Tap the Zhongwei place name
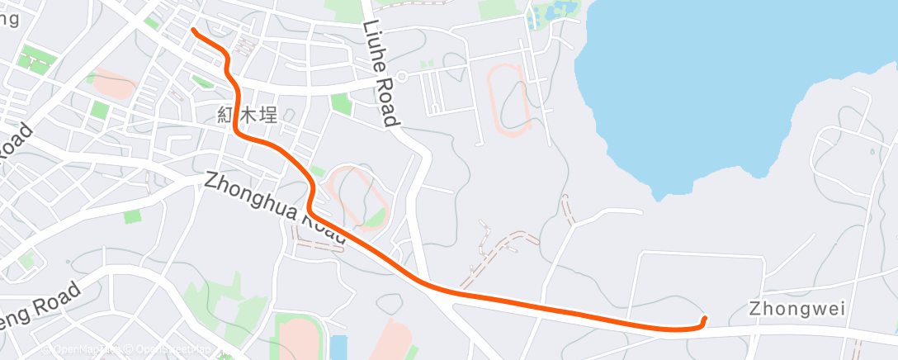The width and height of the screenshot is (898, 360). point(797,310)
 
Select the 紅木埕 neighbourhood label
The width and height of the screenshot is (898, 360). point(246,116)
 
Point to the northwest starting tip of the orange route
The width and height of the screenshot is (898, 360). point(193,31)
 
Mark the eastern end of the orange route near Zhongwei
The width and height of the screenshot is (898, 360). point(704,319)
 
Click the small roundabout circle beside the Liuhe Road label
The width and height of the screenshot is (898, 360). point(401,76)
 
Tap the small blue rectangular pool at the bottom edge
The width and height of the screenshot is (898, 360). point(338,347)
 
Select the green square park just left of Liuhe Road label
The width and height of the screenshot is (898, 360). point(340,103)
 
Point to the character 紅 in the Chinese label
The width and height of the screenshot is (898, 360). point(225,116)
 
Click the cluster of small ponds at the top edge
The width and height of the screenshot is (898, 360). point(550,14)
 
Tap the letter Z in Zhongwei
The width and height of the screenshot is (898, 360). point(754,310)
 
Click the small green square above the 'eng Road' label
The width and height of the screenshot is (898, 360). point(131,216)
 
